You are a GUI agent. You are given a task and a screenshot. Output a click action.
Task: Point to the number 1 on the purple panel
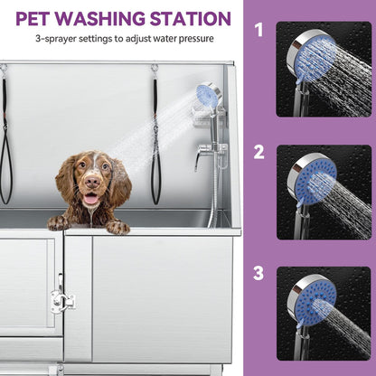pyautogui.click(x=258, y=31)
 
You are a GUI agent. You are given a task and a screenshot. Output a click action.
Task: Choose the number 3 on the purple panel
pyautogui.click(x=258, y=271)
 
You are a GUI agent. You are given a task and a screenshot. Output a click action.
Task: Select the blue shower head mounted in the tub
pyautogui.click(x=207, y=95)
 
